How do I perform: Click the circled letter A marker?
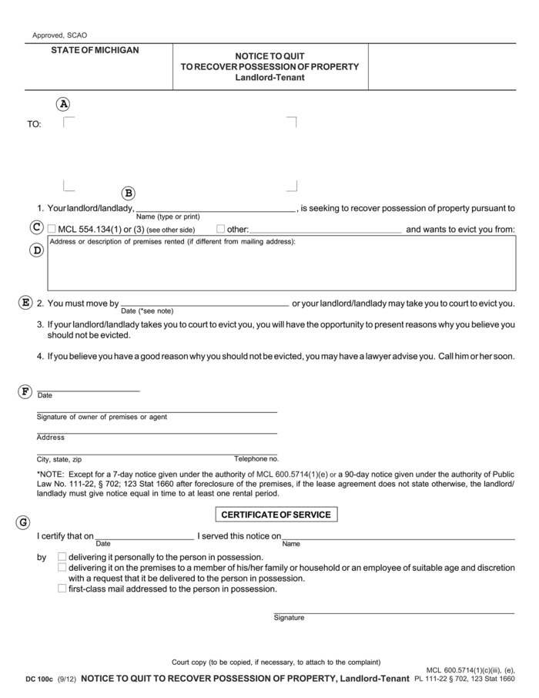click(64, 104)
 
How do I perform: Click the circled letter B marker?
click(129, 193)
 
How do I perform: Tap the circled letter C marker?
click(36, 227)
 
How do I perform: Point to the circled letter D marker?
click(36, 250)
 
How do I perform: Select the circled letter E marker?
click(25, 302)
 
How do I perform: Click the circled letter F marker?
click(25, 391)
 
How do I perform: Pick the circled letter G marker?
click(23, 522)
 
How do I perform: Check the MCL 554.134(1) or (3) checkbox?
click(52, 229)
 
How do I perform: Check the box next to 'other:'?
click(220, 229)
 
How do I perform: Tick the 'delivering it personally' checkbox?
click(62, 556)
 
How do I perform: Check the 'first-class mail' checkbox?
click(62, 589)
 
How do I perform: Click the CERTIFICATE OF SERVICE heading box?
click(276, 515)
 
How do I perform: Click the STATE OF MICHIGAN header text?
click(95, 50)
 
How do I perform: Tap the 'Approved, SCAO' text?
click(60, 35)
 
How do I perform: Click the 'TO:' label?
click(35, 124)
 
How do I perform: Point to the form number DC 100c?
click(38, 680)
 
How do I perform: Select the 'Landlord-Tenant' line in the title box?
click(269, 77)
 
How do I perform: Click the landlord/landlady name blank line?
click(216, 208)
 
